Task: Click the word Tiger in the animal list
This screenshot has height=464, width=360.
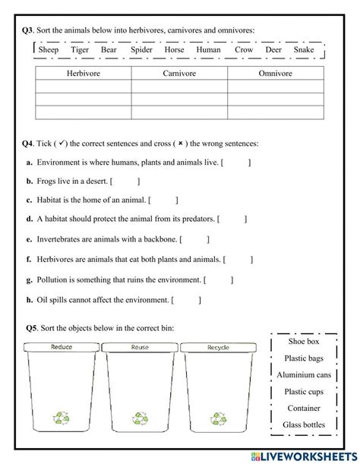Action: click(x=80, y=50)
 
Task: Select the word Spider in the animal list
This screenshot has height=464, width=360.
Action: click(x=141, y=50)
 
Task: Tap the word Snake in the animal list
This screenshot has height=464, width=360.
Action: click(x=303, y=50)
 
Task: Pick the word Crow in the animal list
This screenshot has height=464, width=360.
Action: click(x=244, y=50)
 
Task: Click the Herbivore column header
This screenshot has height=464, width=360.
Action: click(x=83, y=74)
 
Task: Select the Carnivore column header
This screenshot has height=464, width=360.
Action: click(x=179, y=74)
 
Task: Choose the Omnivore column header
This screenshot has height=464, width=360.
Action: click(x=275, y=74)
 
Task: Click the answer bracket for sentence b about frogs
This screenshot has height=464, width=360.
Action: click(x=125, y=181)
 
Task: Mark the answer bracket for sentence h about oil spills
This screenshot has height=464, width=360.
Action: click(x=187, y=300)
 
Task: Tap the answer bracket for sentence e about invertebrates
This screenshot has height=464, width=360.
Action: click(x=195, y=240)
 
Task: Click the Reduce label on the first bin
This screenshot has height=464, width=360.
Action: click(x=62, y=347)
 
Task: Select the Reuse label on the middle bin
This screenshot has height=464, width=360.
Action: click(x=140, y=347)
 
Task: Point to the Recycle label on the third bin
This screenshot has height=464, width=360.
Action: click(x=218, y=347)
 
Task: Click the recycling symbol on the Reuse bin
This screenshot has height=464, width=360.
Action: click(x=141, y=418)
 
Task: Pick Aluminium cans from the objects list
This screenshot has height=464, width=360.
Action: click(x=303, y=375)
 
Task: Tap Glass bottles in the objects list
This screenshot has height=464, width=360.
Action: click(x=303, y=425)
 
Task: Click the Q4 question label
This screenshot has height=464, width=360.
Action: click(x=28, y=143)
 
